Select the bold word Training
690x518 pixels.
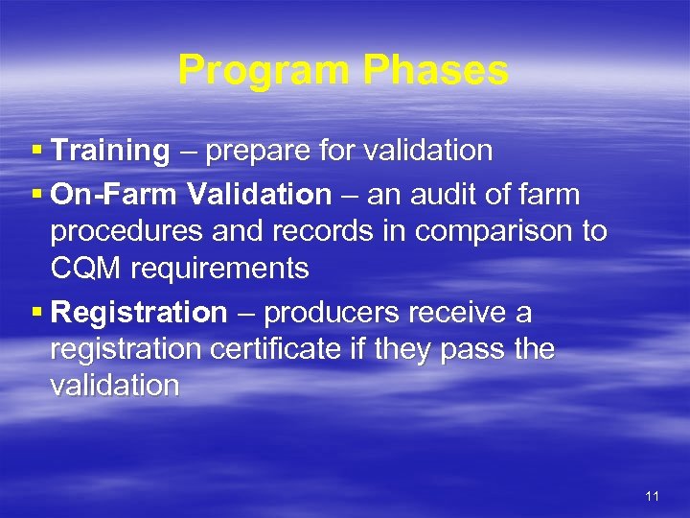(x=110, y=151)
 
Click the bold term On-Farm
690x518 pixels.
(x=114, y=195)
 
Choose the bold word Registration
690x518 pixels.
(x=139, y=313)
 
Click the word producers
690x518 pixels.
(x=330, y=313)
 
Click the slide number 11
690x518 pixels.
(x=653, y=496)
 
